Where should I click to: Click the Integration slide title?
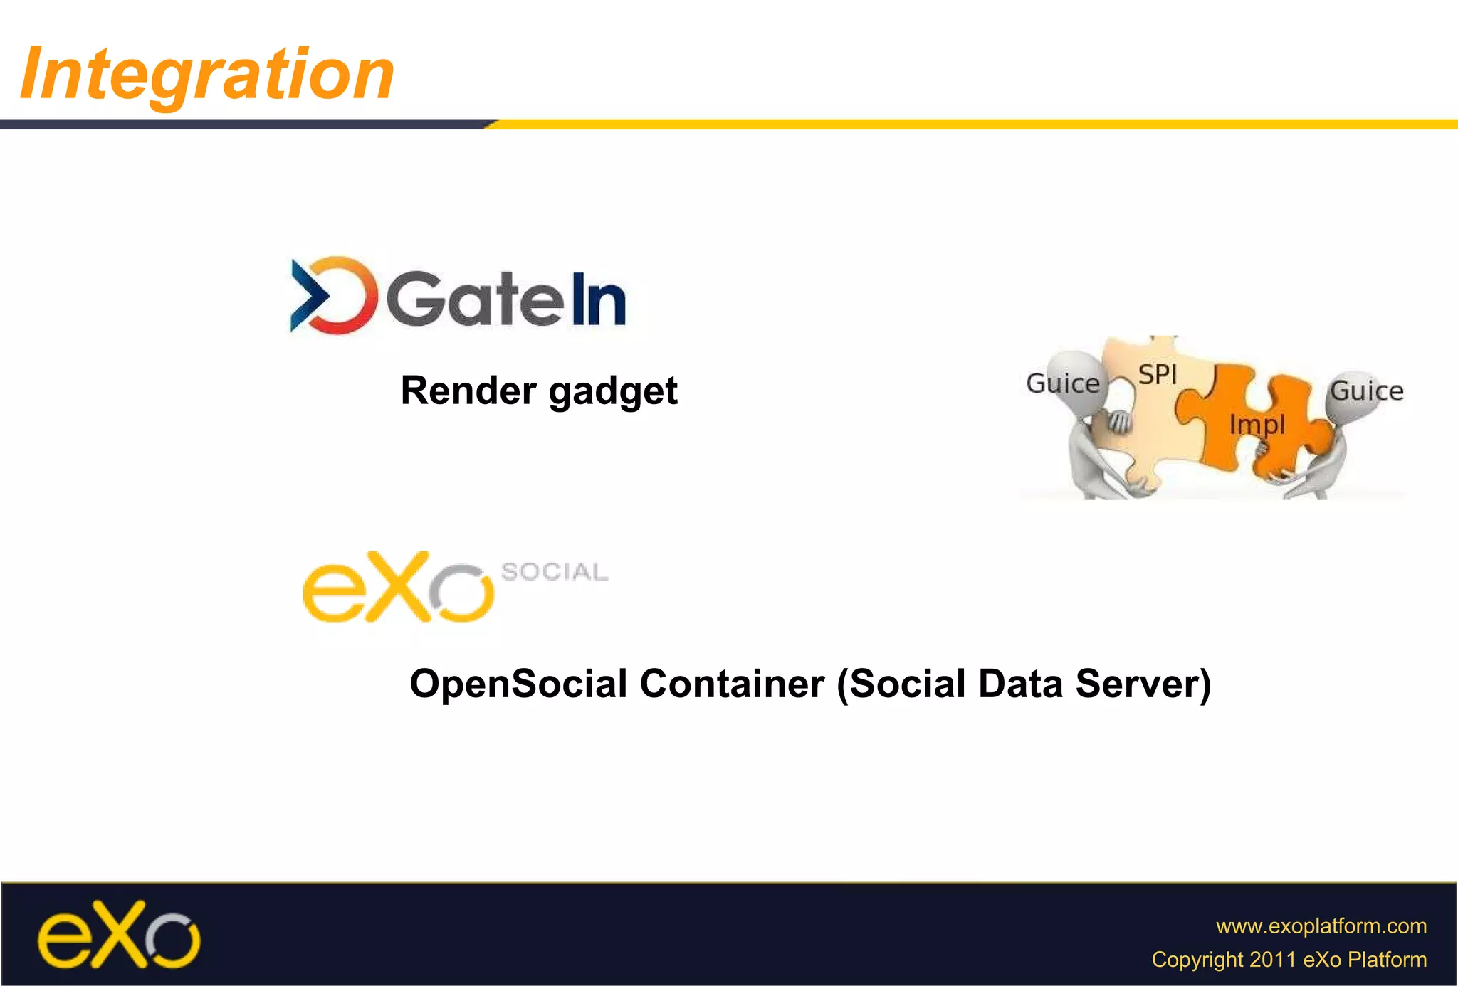(207, 73)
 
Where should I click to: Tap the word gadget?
(613, 392)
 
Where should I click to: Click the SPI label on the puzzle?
(1157, 374)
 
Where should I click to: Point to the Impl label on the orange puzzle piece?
(1257, 425)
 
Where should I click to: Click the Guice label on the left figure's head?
(1062, 383)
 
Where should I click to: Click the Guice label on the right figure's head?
(1366, 391)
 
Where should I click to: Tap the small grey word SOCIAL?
(555, 571)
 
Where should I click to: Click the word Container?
(732, 684)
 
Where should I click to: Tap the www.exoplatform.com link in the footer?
(1321, 926)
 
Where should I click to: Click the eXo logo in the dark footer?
(119, 935)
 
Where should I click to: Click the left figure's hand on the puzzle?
(1118, 422)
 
